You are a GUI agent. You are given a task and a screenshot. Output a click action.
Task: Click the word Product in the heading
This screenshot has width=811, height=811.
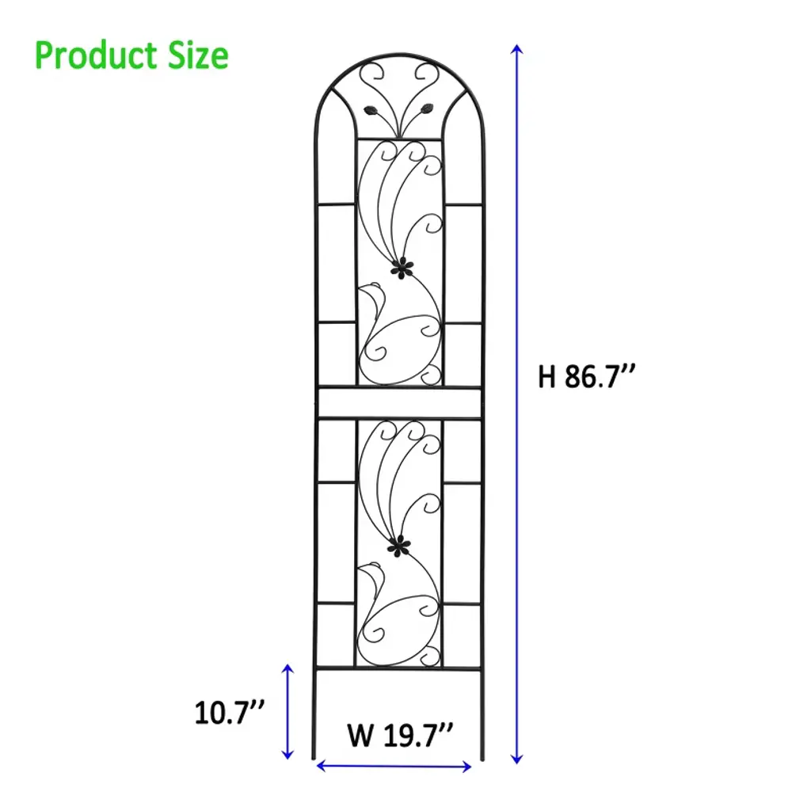(x=96, y=56)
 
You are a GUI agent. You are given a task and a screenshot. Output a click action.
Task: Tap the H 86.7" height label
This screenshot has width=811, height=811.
(x=586, y=376)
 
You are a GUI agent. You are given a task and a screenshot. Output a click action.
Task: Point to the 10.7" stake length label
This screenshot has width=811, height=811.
(x=229, y=713)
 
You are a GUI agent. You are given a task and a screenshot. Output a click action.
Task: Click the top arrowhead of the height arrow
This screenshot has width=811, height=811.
(x=516, y=49)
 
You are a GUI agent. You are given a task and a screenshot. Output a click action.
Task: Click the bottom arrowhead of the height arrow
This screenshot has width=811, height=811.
(x=516, y=760)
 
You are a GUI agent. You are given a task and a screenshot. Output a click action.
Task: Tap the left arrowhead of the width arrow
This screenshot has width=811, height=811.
(x=321, y=766)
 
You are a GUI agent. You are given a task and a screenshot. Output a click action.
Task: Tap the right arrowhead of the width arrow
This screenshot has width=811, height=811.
(x=466, y=767)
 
